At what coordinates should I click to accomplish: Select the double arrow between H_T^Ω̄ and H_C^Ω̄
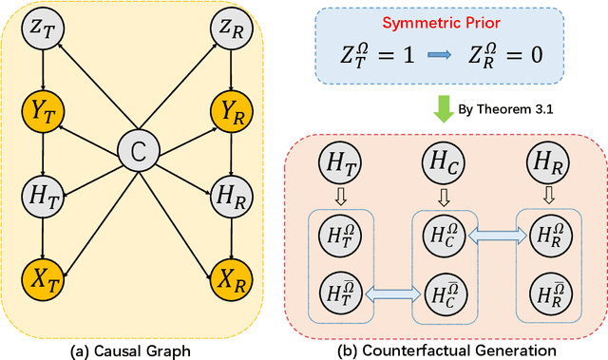coord(389,296)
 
